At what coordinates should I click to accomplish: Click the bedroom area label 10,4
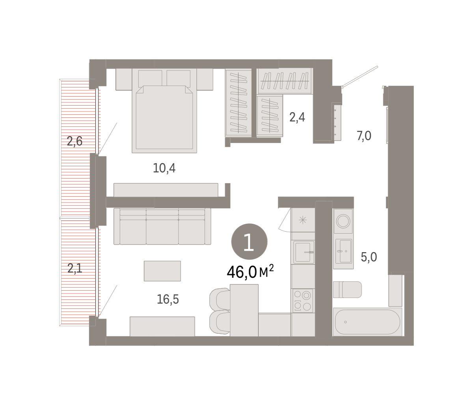[164, 168]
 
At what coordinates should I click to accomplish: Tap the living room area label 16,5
[168, 299]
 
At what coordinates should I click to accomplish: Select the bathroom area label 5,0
[369, 257]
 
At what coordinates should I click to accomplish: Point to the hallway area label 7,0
[364, 136]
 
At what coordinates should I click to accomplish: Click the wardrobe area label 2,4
[297, 117]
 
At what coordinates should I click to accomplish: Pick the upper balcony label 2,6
[74, 141]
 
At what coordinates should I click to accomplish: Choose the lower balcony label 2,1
[74, 268]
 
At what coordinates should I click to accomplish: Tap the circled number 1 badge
[249, 242]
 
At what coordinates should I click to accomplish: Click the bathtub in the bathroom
[367, 322]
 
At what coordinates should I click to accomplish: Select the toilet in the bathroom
[347, 290]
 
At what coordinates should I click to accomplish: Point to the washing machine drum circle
[343, 221]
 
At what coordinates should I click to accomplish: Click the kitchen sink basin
[303, 252]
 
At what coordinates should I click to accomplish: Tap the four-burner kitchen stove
[303, 301]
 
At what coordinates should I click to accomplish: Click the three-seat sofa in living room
[162, 227]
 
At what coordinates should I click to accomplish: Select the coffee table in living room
[162, 271]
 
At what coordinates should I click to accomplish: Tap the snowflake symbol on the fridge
[303, 220]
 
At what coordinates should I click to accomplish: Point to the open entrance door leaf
[360, 76]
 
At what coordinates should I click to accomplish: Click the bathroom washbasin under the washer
[343, 251]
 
